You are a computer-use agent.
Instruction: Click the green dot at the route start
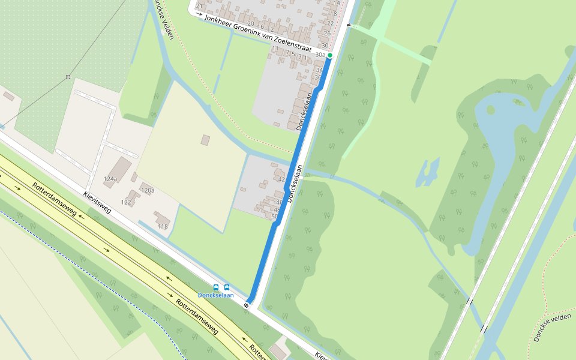pyautogui.click(x=330, y=55)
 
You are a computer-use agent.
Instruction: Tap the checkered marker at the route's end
pyautogui.click(x=247, y=305)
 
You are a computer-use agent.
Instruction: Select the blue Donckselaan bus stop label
pyautogui.click(x=215, y=295)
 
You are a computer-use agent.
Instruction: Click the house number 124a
pyautogui.click(x=110, y=179)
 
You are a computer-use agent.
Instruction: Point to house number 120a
pyautogui.click(x=148, y=190)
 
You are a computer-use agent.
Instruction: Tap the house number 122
pyautogui.click(x=126, y=202)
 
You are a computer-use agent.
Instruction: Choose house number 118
pyautogui.click(x=163, y=226)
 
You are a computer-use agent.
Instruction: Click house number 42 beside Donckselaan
pyautogui.click(x=281, y=179)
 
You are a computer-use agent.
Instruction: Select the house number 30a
pyautogui.click(x=320, y=55)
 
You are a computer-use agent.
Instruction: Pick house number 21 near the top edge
pyautogui.click(x=199, y=7)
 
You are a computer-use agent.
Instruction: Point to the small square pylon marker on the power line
pyautogui.click(x=68, y=77)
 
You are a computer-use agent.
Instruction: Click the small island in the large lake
pyautogui.click(x=491, y=110)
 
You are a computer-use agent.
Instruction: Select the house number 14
pyautogui.click(x=337, y=3)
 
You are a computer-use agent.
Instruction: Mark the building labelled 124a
pyautogui.click(x=122, y=165)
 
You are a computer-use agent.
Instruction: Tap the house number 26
pyautogui.click(x=327, y=33)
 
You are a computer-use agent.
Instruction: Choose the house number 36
pyautogui.click(x=318, y=77)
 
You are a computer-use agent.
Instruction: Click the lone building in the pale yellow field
pyautogui.click(x=205, y=140)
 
